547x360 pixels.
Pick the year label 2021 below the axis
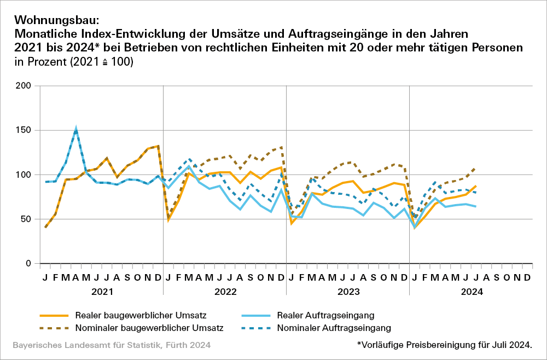point(102,292)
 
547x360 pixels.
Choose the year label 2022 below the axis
point(225,292)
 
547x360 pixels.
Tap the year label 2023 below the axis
point(348,292)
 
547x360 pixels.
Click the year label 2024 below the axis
point(471,292)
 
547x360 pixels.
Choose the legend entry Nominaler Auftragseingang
point(334,328)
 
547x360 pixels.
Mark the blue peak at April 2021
point(76,130)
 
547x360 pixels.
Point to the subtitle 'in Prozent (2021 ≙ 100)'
point(74,62)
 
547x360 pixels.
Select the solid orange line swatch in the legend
point(54,315)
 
